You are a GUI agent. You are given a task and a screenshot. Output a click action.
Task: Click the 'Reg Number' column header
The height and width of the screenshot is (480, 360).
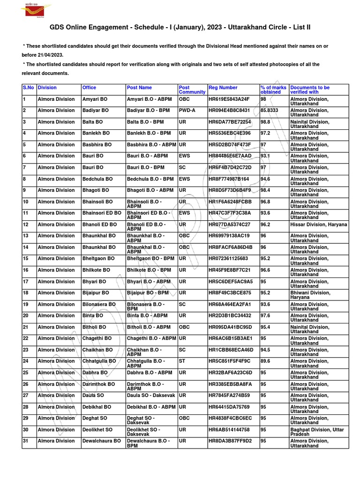(x=223, y=88)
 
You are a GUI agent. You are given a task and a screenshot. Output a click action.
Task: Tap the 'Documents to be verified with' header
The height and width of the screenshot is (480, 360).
(x=310, y=90)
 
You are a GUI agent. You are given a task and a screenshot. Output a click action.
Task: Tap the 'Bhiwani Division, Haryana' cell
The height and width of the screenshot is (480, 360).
(x=310, y=295)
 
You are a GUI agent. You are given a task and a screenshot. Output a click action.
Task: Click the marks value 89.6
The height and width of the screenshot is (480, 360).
(x=266, y=361)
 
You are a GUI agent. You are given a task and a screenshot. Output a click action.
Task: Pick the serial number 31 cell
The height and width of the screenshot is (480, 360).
(x=26, y=441)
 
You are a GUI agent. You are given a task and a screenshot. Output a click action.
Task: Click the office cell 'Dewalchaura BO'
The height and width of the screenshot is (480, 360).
(x=101, y=441)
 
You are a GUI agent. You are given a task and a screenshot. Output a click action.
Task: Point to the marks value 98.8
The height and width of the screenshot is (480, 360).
(x=266, y=122)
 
